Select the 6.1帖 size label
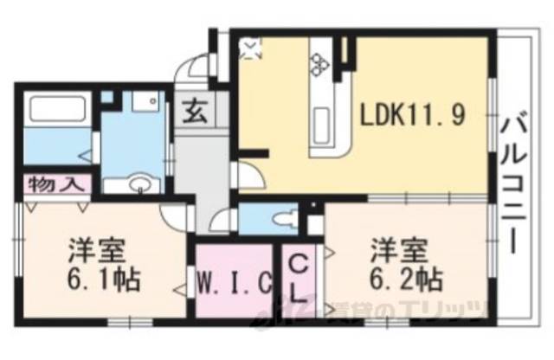point(104,280)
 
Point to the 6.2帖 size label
point(408,280)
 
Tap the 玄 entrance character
point(192,113)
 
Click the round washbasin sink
point(138,183)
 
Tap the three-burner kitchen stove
point(319,62)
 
